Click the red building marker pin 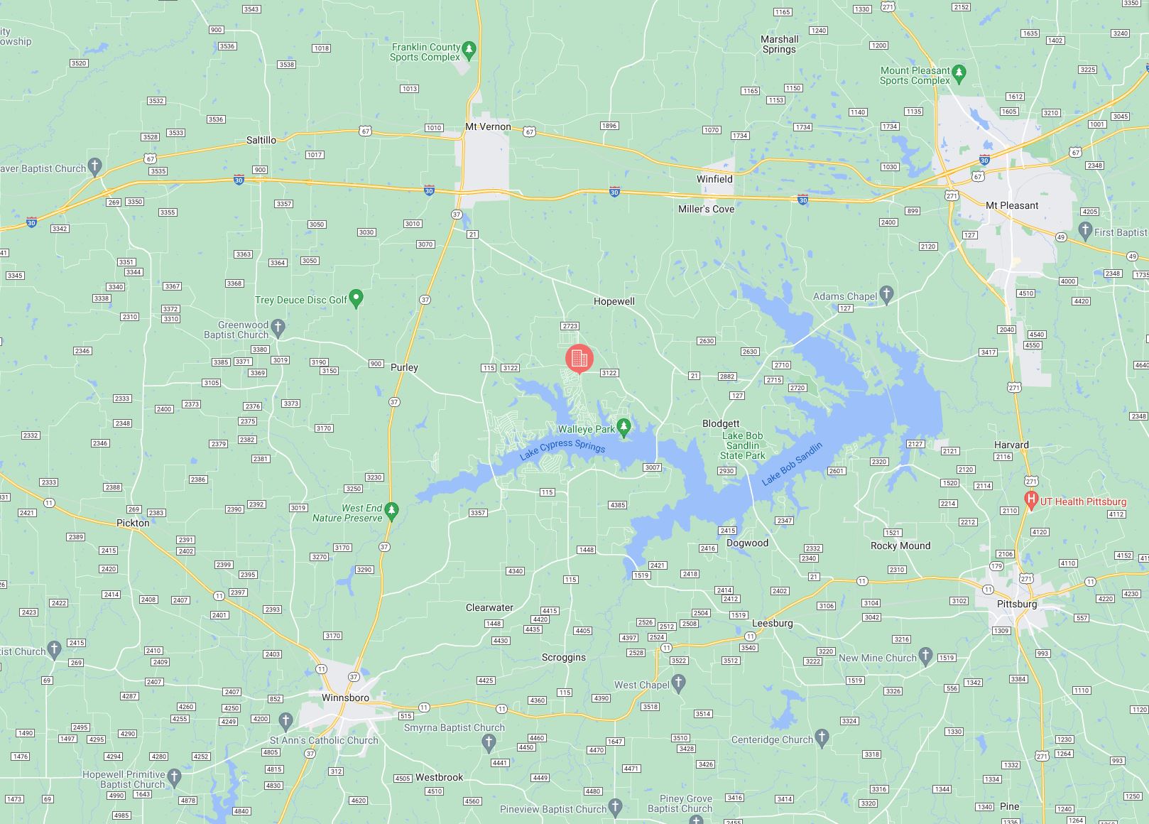pos(579,358)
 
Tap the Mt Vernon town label pos(488,127)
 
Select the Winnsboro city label pos(345,698)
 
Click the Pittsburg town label pos(1017,604)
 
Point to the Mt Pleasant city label pos(1012,206)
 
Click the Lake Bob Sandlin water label pos(792,464)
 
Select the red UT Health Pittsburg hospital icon pos(1031,500)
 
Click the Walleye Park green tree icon pos(623,427)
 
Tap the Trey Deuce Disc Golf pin pos(356,298)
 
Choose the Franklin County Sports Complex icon pos(469,50)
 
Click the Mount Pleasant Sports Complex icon pos(959,72)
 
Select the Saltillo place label pos(261,141)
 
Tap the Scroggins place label pos(564,657)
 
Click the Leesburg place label pos(772,623)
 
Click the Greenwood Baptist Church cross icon pos(278,327)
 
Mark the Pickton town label pos(133,523)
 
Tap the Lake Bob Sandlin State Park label pos(743,445)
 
